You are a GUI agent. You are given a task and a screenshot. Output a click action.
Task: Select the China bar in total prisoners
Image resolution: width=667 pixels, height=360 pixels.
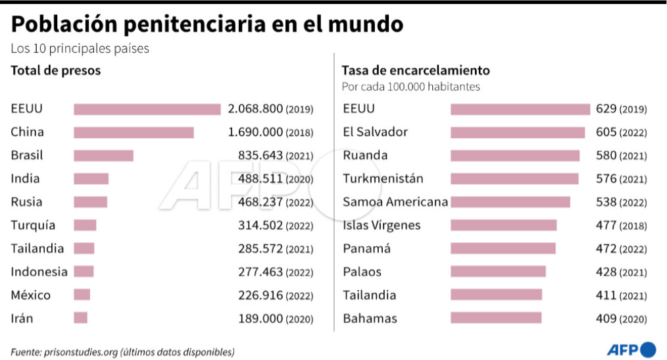pos(134,132)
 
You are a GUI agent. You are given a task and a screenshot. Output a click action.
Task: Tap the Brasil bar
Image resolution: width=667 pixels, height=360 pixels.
pos(103,155)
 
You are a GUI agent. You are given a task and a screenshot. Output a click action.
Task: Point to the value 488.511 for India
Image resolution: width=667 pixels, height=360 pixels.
pos(260,178)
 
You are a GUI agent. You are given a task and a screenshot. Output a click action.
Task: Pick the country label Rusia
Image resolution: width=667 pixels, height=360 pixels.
pos(26,202)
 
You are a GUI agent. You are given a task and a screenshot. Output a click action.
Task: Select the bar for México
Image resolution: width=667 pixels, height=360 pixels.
pos(82,295)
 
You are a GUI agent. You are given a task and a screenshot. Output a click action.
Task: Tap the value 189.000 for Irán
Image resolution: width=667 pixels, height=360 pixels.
pos(260,319)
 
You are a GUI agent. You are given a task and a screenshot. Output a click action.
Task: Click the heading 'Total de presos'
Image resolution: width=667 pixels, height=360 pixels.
pos(56,70)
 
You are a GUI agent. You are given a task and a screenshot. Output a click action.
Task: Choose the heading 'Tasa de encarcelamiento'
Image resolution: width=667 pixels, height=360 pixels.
pos(416,70)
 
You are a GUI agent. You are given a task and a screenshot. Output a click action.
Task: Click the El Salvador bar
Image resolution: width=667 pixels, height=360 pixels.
pos(517,132)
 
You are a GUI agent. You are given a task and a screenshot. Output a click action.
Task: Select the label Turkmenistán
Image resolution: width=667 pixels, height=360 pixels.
pos(383,178)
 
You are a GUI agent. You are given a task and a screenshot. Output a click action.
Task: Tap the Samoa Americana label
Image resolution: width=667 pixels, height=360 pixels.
pos(395,202)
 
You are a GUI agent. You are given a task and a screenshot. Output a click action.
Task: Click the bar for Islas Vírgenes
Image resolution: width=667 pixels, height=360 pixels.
pos(503,225)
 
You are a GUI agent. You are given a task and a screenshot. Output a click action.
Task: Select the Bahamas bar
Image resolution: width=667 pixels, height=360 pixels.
pos(495,319)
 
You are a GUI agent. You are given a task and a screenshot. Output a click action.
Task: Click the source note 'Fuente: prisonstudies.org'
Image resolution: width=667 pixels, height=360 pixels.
pos(122,351)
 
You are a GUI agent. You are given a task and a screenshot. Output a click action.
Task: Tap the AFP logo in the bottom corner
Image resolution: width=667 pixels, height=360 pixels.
pos(631,349)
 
